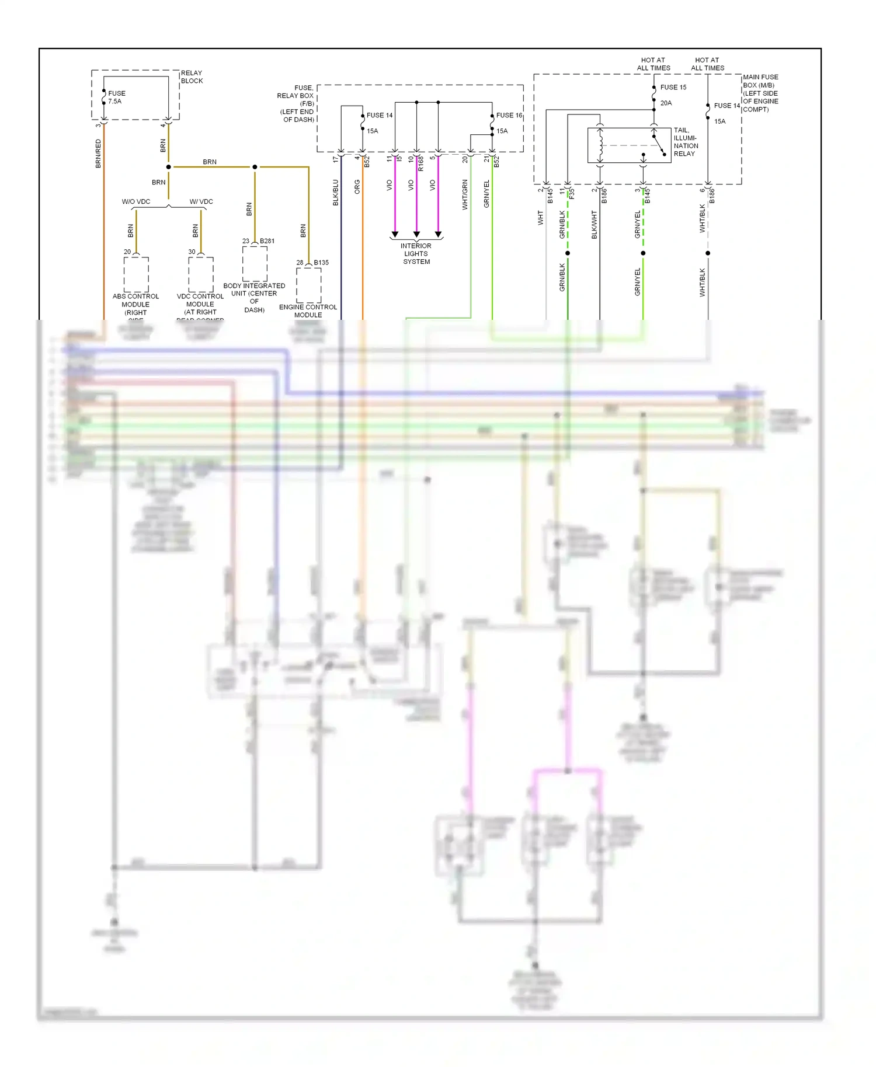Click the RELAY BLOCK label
[192, 77]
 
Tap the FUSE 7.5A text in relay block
[116, 97]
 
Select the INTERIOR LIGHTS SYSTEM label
[416, 254]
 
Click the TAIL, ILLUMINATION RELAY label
[686, 142]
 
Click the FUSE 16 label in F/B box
[509, 116]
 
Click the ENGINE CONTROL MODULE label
[308, 311]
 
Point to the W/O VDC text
[136, 202]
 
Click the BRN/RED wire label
[98, 154]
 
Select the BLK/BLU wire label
[336, 193]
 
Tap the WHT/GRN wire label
[465, 194]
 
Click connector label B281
[267, 241]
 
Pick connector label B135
[321, 263]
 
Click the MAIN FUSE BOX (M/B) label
[760, 93]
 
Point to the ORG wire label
[357, 187]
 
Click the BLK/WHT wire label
[595, 225]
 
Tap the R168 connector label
[420, 163]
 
